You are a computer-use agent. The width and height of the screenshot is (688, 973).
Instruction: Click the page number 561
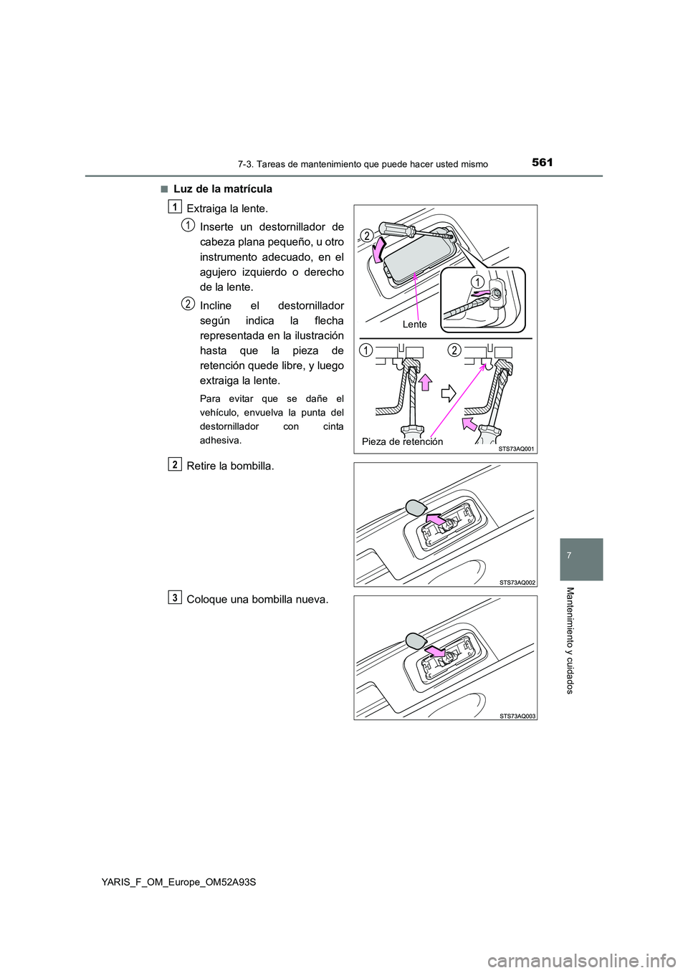pyautogui.click(x=543, y=163)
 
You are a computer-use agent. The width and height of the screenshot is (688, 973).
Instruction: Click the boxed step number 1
pyautogui.click(x=175, y=207)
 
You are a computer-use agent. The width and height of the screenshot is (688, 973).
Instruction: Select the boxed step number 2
pyautogui.click(x=175, y=464)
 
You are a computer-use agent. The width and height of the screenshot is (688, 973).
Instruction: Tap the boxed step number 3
pyautogui.click(x=175, y=598)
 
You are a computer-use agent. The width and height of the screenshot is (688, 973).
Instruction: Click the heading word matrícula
pyautogui.click(x=248, y=189)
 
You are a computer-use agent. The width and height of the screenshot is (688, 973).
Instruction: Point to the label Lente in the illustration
pyautogui.click(x=414, y=325)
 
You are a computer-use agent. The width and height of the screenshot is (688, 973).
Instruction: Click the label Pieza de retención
pyautogui.click(x=402, y=441)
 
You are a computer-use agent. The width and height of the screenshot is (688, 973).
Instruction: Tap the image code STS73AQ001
pyautogui.click(x=517, y=449)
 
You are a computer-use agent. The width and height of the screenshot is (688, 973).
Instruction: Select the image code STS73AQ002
pyautogui.click(x=517, y=583)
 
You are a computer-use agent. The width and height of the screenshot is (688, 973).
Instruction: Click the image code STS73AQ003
pyautogui.click(x=517, y=716)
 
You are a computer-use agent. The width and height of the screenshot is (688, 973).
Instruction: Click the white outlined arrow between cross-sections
pyautogui.click(x=448, y=393)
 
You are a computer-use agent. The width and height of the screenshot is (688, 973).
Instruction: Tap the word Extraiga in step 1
pyautogui.click(x=207, y=208)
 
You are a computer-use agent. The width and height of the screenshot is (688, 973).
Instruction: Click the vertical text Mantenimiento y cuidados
pyautogui.click(x=570, y=640)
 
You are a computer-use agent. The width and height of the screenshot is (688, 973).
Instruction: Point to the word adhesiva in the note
pyautogui.click(x=220, y=440)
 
